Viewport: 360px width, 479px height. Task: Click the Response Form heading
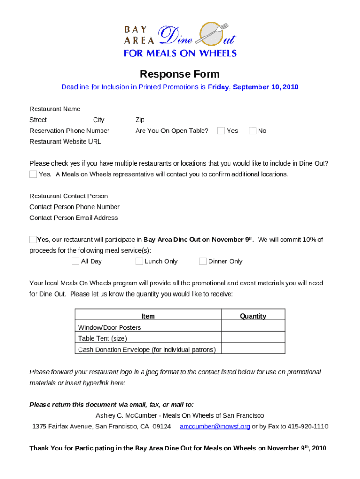(180, 74)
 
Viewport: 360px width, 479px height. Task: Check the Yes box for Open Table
(221, 131)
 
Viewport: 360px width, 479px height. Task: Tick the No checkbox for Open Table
(252, 131)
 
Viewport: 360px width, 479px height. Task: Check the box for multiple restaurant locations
(33, 174)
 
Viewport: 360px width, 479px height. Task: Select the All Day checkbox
(75, 261)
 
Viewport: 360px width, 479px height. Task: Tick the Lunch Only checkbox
(139, 261)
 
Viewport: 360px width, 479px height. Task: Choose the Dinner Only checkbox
(202, 261)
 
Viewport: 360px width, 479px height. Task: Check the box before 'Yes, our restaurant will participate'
(33, 239)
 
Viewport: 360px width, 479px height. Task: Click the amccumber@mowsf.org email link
(215, 426)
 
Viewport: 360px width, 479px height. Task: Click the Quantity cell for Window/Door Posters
(253, 327)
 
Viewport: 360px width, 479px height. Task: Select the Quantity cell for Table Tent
(253, 338)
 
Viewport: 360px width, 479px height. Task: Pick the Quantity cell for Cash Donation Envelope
(253, 349)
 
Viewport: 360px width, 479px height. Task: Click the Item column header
(148, 316)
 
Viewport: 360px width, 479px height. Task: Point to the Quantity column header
(253, 316)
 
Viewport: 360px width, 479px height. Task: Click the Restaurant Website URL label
(65, 141)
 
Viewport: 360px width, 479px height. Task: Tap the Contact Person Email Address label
(73, 218)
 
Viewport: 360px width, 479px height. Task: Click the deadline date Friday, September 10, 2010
(253, 87)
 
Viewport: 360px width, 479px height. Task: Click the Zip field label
(140, 120)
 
